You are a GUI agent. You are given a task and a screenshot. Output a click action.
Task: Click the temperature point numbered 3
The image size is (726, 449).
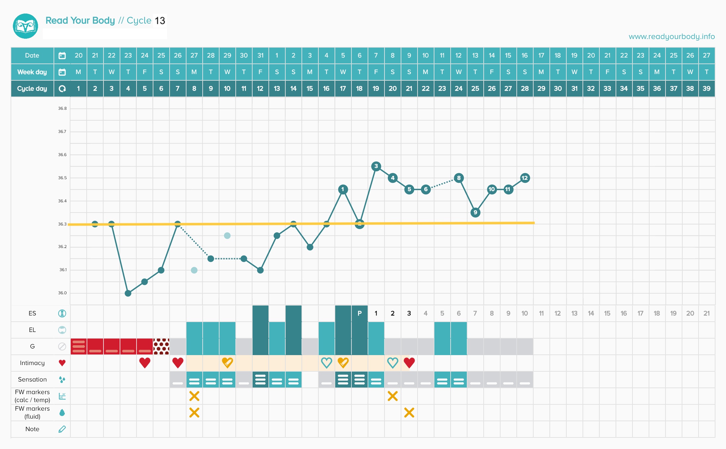[x=376, y=166]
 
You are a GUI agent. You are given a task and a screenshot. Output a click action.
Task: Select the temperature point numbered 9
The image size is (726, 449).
[x=475, y=212]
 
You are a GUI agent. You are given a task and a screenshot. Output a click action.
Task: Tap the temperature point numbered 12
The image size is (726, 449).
[x=525, y=178]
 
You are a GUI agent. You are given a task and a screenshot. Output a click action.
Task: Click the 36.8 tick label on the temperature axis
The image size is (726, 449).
[x=62, y=108]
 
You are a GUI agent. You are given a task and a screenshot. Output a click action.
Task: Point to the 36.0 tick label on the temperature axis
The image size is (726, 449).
[x=62, y=293]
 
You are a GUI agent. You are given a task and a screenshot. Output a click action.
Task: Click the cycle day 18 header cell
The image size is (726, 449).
[x=359, y=89]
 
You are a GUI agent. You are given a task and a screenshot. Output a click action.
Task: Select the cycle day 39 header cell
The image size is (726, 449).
[x=706, y=89]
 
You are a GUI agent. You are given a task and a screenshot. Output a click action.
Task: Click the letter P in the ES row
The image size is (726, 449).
[x=359, y=313]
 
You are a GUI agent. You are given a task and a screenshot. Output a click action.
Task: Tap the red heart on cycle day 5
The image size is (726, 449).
[x=145, y=363]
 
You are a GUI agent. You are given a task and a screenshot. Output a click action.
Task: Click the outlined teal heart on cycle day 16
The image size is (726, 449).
[x=326, y=363]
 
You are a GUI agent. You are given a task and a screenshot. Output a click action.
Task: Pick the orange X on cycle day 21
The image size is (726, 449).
[x=409, y=412]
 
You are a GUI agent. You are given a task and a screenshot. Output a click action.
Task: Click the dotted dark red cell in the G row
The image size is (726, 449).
[x=161, y=346]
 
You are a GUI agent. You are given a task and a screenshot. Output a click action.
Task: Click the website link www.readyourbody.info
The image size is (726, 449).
[x=671, y=36]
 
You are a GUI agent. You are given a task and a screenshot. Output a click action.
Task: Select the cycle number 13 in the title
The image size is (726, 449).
[x=160, y=21]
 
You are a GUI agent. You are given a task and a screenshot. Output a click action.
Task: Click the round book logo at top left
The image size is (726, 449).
[x=25, y=26]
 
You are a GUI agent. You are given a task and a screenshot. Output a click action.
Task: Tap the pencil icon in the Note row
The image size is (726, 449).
[x=62, y=429]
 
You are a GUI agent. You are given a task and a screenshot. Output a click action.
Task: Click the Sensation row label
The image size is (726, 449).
[x=32, y=380]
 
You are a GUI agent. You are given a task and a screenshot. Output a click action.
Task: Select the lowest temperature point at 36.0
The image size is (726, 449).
[x=128, y=293]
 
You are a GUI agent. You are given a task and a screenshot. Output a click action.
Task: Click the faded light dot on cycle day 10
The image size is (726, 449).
[x=227, y=236]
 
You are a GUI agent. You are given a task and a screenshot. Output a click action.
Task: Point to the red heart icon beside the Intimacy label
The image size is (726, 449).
[x=62, y=363]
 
